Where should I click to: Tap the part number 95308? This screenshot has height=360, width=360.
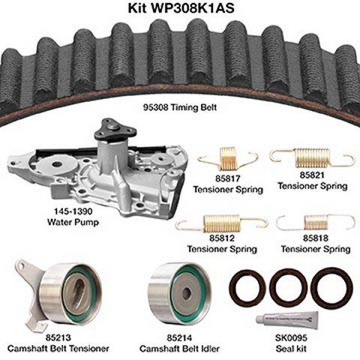tap(155, 107)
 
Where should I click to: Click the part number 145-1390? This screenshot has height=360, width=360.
tap(73, 211)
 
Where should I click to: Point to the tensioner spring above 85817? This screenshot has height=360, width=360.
tap(227, 159)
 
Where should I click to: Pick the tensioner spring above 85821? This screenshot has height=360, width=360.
tap(312, 157)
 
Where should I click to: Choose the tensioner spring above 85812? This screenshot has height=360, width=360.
tap(221, 223)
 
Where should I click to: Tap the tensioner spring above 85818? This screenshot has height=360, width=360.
tap(316, 222)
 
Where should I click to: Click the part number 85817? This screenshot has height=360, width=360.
tap(228, 178)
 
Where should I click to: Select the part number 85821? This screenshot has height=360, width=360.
tap(312, 175)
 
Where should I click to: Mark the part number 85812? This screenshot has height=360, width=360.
tap(222, 238)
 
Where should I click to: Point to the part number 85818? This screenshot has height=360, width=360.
tap(316, 238)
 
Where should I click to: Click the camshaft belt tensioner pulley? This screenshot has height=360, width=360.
tap(70, 293)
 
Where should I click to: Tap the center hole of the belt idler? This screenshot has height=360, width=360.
tap(187, 293)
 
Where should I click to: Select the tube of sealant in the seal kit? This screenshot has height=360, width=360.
tap(287, 320)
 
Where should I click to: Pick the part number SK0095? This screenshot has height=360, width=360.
tap(291, 337)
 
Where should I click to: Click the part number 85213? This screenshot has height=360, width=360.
tap(58, 337)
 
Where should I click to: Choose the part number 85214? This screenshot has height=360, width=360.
tap(179, 337)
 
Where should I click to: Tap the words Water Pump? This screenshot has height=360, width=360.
tap(73, 222)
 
